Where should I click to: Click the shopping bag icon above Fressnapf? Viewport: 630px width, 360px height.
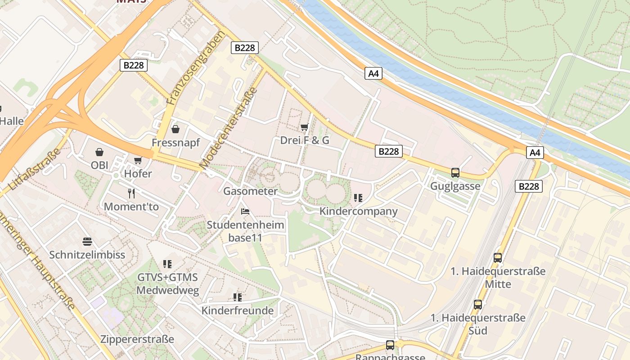(x=175, y=129)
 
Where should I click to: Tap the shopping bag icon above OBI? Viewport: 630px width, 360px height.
(x=99, y=152)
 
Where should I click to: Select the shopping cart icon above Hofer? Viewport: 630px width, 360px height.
(x=138, y=160)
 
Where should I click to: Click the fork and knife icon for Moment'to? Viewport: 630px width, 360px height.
(x=131, y=193)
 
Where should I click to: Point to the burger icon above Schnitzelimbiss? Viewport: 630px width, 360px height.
(x=87, y=242)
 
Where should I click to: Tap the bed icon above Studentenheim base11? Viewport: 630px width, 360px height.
(x=245, y=211)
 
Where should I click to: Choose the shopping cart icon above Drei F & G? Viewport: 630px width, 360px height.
(x=305, y=127)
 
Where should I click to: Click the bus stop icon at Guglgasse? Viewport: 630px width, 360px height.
(x=455, y=173)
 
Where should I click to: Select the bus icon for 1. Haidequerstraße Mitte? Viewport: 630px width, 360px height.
(x=498, y=258)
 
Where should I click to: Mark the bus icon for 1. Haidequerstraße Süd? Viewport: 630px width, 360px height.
(x=478, y=305)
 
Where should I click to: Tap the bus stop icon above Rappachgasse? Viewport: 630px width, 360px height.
(x=390, y=345)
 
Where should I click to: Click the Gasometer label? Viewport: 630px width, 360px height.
(x=251, y=191)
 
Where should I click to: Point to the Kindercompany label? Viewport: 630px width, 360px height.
(x=359, y=211)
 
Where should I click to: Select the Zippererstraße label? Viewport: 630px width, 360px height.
(x=137, y=339)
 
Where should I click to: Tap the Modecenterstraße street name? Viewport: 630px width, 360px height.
(x=228, y=128)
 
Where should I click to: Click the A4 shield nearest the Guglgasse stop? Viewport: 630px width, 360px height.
(x=535, y=153)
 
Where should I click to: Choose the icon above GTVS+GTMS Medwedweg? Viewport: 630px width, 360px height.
(x=167, y=264)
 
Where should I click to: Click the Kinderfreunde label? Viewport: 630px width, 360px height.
(x=238, y=310)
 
